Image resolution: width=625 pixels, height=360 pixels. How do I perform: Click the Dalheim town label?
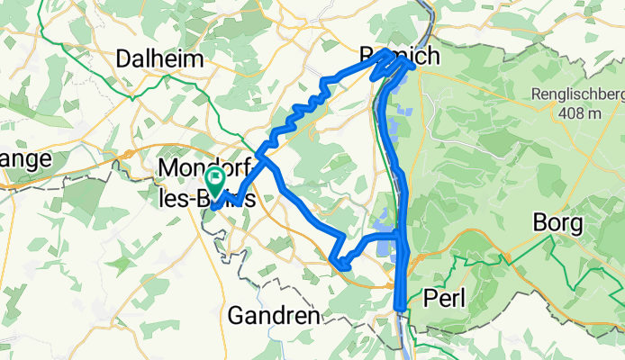click(x=159, y=58)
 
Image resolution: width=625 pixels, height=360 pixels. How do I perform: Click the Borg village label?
click(x=559, y=222)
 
